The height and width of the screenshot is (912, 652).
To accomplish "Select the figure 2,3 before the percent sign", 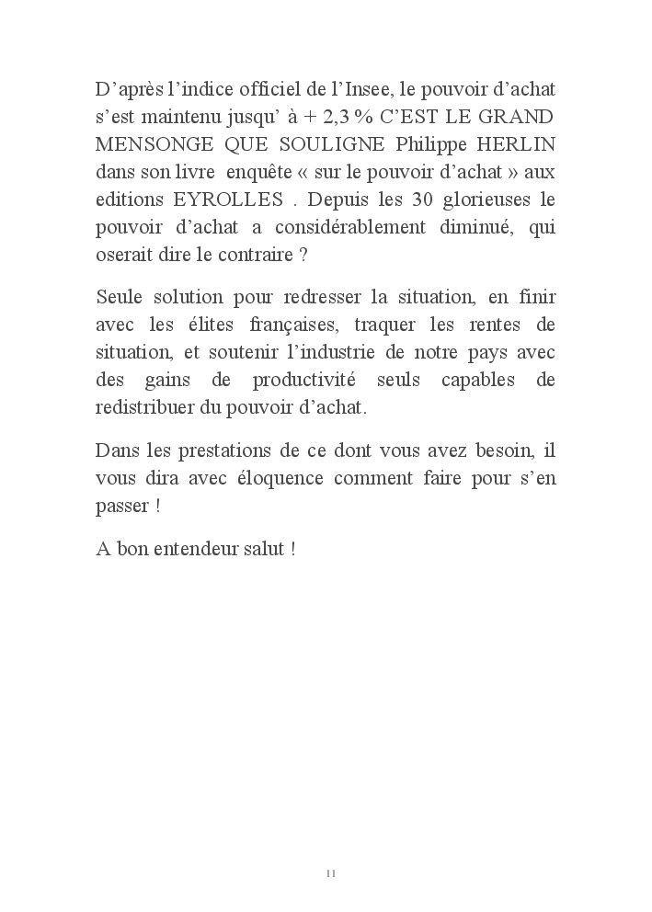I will (337, 118).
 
